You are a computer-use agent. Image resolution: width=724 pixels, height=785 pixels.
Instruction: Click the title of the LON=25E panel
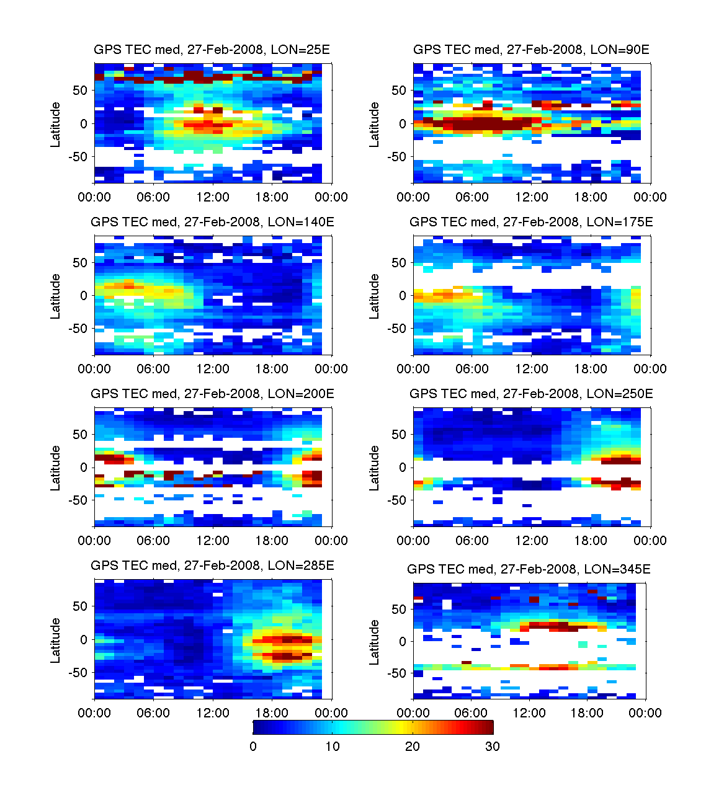pyautogui.click(x=212, y=50)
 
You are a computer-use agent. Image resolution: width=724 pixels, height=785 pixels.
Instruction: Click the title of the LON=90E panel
pyautogui.click(x=531, y=50)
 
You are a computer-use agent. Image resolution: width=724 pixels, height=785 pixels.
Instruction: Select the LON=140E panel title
pyautogui.click(x=212, y=222)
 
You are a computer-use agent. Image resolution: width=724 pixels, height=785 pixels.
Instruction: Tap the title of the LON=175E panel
pyautogui.click(x=531, y=222)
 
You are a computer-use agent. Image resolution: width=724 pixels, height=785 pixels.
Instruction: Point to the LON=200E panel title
pyautogui.click(x=212, y=394)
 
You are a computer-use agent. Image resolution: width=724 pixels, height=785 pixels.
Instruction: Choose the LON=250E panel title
pyautogui.click(x=531, y=394)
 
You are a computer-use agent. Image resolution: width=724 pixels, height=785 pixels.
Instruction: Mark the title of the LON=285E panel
pyautogui.click(x=212, y=565)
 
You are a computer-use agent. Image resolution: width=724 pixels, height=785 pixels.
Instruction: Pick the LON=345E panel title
pyautogui.click(x=529, y=569)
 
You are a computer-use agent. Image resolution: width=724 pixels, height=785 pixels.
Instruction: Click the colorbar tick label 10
pyautogui.click(x=333, y=747)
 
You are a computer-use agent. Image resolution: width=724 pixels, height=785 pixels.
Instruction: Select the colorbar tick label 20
pyautogui.click(x=413, y=747)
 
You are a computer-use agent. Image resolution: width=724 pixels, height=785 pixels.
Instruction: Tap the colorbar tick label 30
pyautogui.click(x=492, y=747)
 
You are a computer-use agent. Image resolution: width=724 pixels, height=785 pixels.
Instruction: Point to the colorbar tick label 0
pyautogui.click(x=253, y=747)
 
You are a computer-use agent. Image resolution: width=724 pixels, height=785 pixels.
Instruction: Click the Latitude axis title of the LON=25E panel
pyautogui.click(x=56, y=125)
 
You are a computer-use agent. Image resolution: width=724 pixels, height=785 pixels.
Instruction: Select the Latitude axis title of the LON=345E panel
pyautogui.click(x=375, y=642)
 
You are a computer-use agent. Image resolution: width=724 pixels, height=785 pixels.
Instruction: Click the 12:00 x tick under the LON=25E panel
pyautogui.click(x=213, y=197)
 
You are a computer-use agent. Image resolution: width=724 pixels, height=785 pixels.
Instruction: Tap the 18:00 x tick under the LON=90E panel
pyautogui.click(x=591, y=197)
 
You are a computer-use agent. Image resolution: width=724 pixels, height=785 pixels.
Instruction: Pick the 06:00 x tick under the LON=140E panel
pyautogui.click(x=153, y=369)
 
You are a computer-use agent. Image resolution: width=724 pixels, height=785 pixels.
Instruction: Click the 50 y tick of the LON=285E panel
pyautogui.click(x=81, y=606)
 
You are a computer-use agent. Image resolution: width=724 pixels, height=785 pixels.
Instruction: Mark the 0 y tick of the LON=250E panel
pyautogui.click(x=402, y=468)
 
